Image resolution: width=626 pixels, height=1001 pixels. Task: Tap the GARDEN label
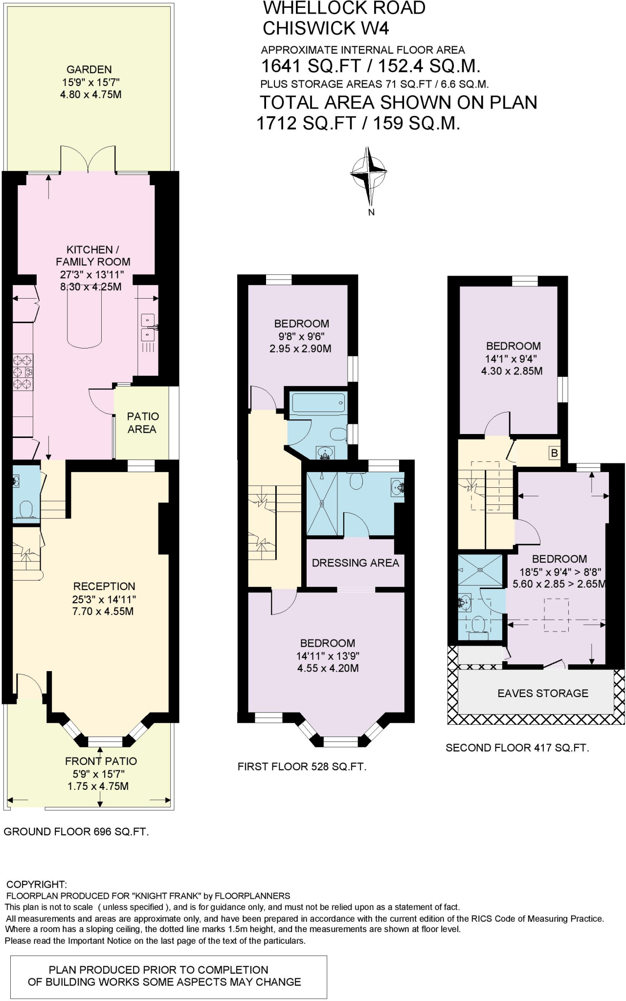(89, 69)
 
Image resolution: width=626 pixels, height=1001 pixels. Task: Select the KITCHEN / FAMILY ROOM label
(92, 256)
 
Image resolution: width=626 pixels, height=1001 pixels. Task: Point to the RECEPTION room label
(104, 586)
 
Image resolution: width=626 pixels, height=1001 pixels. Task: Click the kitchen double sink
(148, 327)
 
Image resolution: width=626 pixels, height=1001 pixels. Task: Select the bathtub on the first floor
(318, 404)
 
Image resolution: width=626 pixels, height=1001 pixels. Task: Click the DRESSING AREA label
(355, 563)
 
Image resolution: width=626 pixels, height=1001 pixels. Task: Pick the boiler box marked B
(554, 453)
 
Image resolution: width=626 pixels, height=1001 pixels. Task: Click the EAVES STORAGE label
(542, 693)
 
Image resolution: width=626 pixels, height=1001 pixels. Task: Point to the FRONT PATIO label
(101, 761)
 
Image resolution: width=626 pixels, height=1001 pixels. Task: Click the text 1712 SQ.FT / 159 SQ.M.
(358, 123)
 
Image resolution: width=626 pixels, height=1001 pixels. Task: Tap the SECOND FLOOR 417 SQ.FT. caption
(517, 748)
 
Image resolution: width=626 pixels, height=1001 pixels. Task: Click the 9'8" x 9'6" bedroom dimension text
(300, 336)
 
